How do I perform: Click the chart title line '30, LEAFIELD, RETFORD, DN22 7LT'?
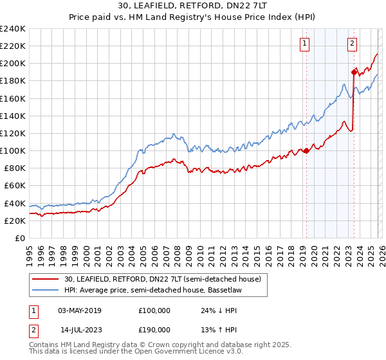(x=193, y=6)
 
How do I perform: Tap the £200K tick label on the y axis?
(x=13, y=64)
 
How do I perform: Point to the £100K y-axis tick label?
(x=13, y=150)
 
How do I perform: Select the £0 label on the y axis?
(x=19, y=238)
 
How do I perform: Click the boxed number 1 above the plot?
(x=304, y=44)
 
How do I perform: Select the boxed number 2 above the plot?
(x=353, y=44)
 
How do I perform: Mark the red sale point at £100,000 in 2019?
(x=306, y=151)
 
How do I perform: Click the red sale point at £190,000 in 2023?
(x=354, y=72)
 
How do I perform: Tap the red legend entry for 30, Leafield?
(x=154, y=279)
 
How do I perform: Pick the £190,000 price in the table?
(x=154, y=329)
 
